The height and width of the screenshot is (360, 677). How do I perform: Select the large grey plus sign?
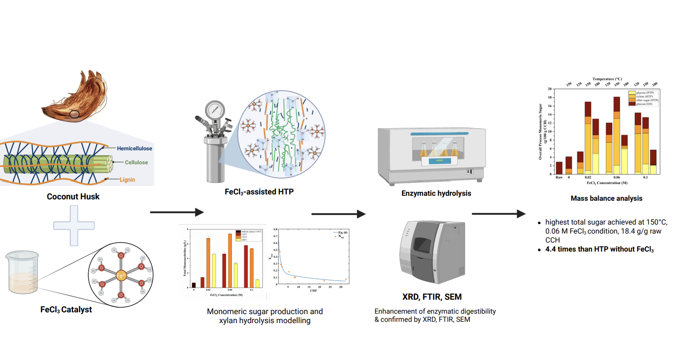(70, 227)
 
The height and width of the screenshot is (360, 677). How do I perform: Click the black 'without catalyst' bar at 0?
(194, 284)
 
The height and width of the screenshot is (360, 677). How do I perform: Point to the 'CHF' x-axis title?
(314, 291)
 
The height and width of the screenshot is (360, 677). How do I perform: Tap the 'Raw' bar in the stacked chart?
(559, 168)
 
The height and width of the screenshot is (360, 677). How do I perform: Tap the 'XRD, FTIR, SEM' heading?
(432, 297)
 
